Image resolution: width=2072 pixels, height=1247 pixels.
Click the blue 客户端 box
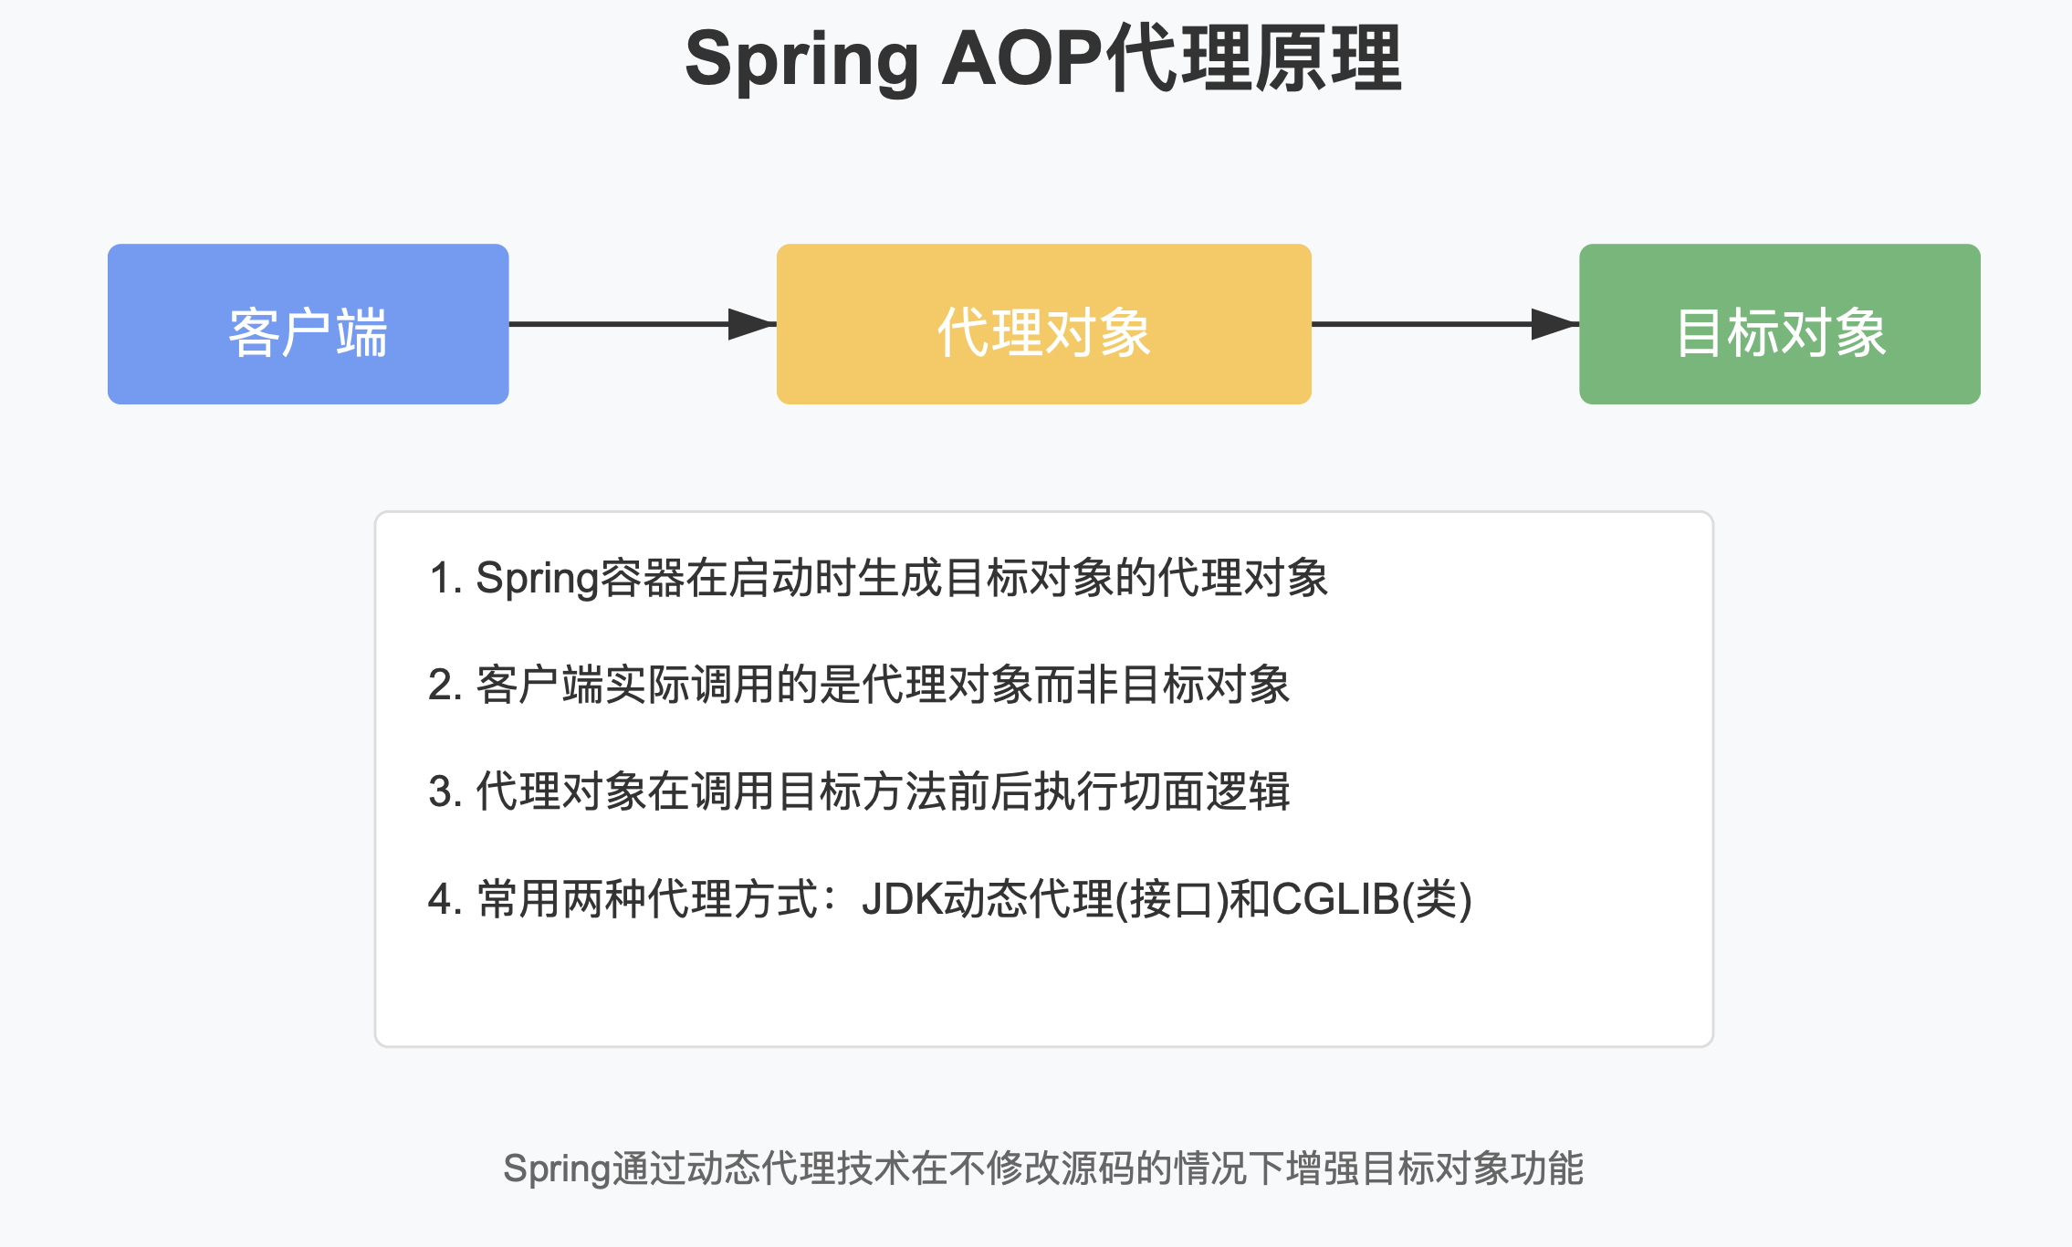308,324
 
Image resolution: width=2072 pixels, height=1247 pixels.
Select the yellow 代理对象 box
1043,324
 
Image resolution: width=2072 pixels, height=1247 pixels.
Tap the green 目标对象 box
1779,324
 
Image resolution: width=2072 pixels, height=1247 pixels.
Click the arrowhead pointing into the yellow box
752,324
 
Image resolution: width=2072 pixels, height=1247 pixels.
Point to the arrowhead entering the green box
1554,324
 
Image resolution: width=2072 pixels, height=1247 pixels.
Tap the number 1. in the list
445,579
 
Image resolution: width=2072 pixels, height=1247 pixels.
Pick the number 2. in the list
445,686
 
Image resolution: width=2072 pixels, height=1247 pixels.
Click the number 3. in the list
445,792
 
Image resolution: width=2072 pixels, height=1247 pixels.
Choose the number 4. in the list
445,900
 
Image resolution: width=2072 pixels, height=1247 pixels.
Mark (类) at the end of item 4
1437,900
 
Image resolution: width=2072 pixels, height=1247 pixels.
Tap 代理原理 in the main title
1254,58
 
